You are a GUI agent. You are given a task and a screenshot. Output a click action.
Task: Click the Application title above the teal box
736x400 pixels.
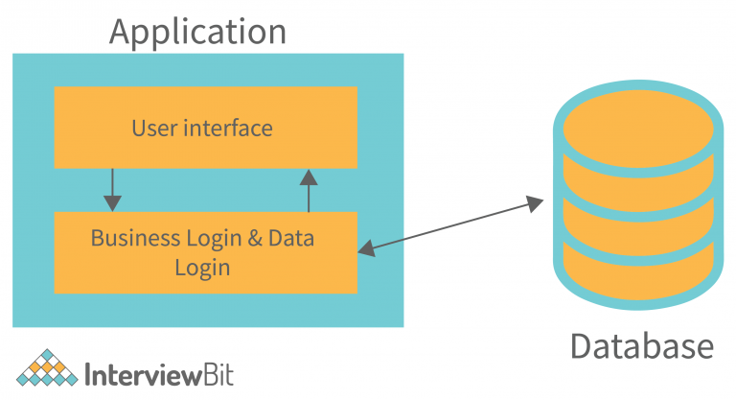pos(197,31)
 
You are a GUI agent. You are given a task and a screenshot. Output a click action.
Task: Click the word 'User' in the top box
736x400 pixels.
pos(154,128)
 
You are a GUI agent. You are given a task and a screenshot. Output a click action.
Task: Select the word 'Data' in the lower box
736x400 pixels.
pos(293,238)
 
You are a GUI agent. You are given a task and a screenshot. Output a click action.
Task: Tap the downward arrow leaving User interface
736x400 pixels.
pos(113,190)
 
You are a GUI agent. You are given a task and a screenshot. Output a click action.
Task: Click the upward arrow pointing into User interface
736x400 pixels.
pos(309,190)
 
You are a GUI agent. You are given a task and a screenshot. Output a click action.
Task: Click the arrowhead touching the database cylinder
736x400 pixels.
pos(533,202)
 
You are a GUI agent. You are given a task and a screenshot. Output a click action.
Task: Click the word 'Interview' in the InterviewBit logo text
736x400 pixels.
pos(143,372)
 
